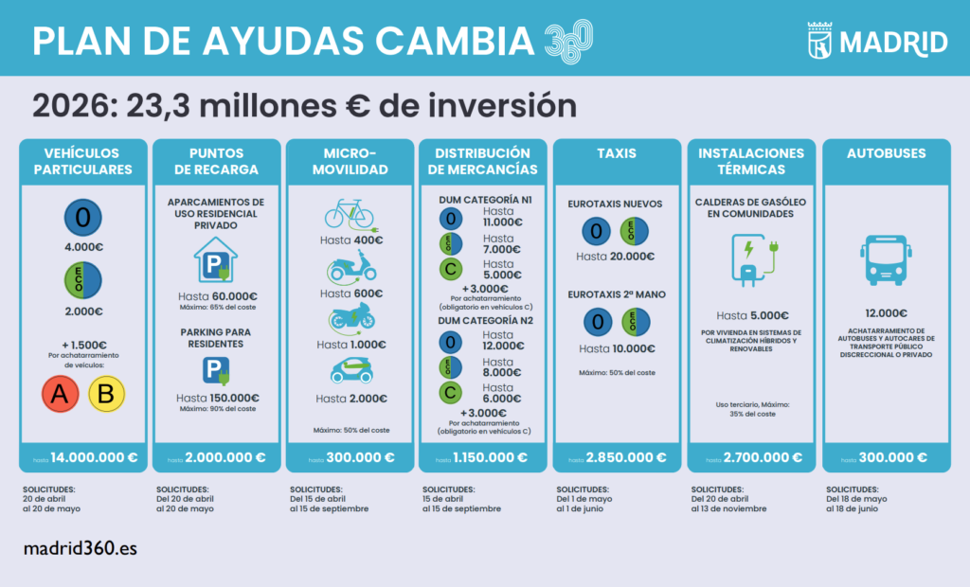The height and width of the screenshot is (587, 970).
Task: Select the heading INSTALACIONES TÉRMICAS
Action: (750, 161)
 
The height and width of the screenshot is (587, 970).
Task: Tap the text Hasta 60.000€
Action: (217, 296)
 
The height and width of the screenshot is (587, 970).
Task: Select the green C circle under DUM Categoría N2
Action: (451, 393)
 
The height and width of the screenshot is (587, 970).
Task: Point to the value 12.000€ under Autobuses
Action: (887, 313)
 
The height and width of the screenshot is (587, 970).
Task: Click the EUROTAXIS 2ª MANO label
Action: (617, 294)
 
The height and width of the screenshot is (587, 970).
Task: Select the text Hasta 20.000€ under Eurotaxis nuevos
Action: (617, 257)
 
